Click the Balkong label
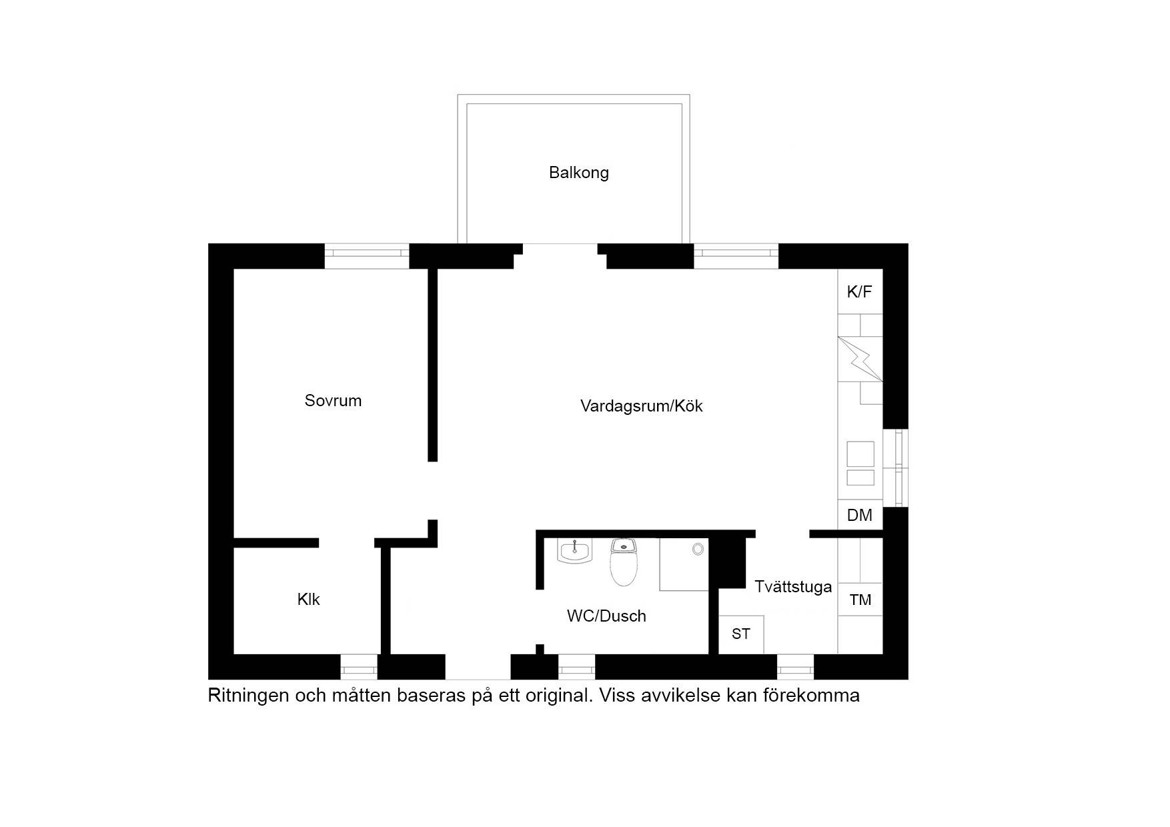578,173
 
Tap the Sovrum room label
333,401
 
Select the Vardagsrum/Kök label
641,406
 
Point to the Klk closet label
308,600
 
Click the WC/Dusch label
606,616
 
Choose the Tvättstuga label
793,587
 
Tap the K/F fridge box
860,291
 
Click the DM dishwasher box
860,516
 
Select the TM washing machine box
860,600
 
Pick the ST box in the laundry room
741,634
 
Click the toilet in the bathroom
624,562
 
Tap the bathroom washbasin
574,552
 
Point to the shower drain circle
698,549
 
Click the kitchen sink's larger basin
860,454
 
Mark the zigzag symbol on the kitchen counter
860,359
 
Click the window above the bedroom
366,256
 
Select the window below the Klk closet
359,666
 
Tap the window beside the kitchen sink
896,468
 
